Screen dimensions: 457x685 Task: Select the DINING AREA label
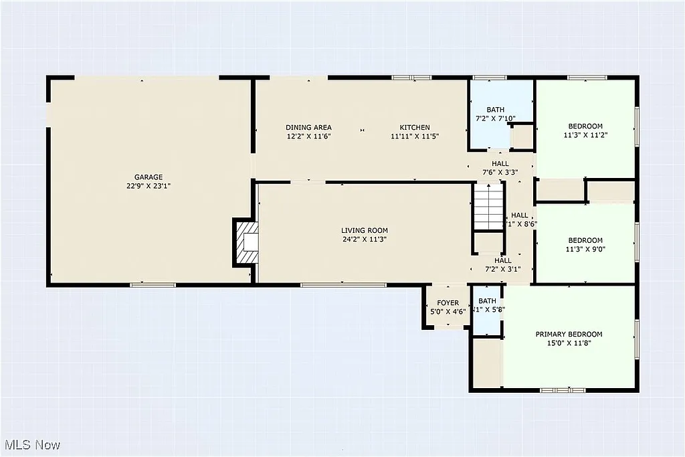[x=308, y=128]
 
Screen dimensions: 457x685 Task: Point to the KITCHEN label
[x=415, y=128]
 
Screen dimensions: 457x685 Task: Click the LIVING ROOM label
[x=364, y=231]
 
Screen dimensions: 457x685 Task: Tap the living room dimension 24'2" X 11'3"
[x=364, y=240]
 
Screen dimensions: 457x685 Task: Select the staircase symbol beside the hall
[x=488, y=207]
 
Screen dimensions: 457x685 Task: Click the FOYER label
[x=448, y=303]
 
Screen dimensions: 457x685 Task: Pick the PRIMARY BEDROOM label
[x=569, y=335]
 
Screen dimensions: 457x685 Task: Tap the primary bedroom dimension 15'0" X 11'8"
[x=569, y=343]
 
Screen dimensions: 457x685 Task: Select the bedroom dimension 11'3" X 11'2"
[x=585, y=135]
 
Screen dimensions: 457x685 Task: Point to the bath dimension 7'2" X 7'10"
[x=496, y=118]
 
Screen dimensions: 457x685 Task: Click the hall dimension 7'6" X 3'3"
[x=500, y=172]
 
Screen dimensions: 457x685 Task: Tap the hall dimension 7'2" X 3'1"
[x=502, y=270]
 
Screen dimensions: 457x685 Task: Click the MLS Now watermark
[x=32, y=445]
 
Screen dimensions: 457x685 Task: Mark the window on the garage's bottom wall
[x=153, y=285]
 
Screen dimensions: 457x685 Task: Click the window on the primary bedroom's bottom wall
[x=563, y=389]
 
